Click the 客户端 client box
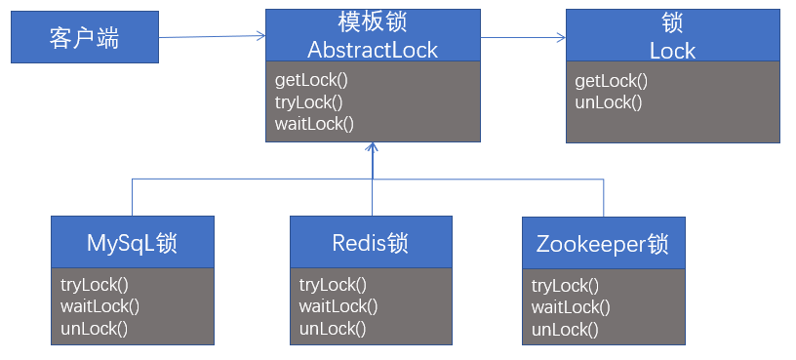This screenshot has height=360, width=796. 84,38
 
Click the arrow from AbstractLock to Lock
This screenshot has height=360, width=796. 523,38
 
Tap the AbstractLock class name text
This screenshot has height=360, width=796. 373,50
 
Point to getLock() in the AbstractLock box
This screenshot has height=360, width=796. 309,79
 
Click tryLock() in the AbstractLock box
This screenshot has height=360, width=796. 308,101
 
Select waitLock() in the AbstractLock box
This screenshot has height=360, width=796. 314,123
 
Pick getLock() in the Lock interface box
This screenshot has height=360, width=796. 612,81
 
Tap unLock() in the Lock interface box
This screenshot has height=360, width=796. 609,101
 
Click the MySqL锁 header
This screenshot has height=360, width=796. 133,242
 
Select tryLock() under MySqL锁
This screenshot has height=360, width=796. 95,284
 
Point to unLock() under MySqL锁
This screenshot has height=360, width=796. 95,327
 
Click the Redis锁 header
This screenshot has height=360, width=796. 371,242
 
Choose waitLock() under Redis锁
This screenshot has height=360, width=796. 338,306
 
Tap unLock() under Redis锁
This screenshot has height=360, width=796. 333,328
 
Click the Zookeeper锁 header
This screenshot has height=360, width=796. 603,244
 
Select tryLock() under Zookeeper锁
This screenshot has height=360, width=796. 565,286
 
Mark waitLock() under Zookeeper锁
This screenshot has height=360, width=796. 571,307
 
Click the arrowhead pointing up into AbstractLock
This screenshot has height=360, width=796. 372,148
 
